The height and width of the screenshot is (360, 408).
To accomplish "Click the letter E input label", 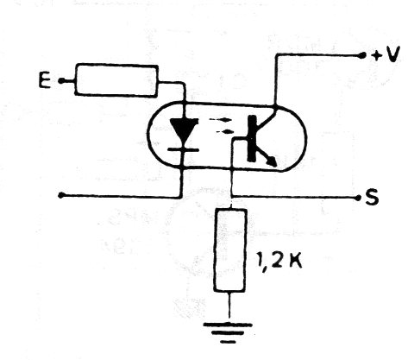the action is pos(45,80).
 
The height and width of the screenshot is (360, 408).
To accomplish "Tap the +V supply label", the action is pos(386,55).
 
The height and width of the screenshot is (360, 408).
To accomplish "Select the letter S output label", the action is pos(372,198).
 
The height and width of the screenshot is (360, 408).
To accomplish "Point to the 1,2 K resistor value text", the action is pos(279,261).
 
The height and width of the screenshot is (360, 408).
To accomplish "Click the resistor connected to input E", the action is pos(116,80).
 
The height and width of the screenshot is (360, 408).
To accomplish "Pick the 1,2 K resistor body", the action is pos(230,250).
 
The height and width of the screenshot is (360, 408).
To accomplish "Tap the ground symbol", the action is pos(228,333).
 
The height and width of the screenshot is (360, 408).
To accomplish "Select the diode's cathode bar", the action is pos(184,149).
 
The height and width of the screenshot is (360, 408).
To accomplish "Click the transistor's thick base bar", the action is pos(252,138).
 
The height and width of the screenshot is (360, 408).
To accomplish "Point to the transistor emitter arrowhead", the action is pos(272,161).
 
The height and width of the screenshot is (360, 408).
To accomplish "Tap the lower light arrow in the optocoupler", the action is pos(224,132).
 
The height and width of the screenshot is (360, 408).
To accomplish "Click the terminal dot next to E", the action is pos(61,81).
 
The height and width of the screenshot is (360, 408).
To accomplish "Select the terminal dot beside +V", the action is pos(362,54).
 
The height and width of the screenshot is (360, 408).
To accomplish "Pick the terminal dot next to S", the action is pos(358,198).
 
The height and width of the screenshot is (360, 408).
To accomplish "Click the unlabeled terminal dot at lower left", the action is pos(60,195).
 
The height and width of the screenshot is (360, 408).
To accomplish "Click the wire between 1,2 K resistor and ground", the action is pos(229,307).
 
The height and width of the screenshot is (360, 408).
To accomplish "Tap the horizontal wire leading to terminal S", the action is pos(294,197).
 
